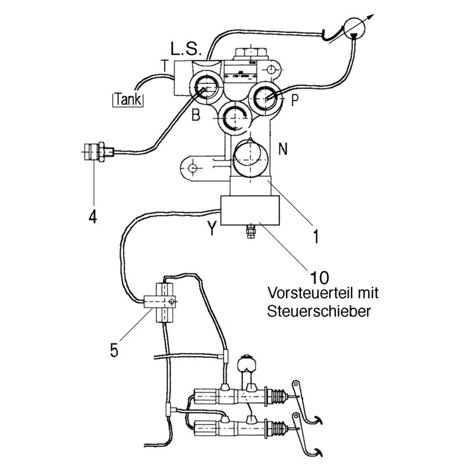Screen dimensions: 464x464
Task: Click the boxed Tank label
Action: pyautogui.click(x=129, y=99)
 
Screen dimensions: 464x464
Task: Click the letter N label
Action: pyautogui.click(x=283, y=149)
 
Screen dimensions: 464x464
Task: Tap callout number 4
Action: pyautogui.click(x=92, y=217)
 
